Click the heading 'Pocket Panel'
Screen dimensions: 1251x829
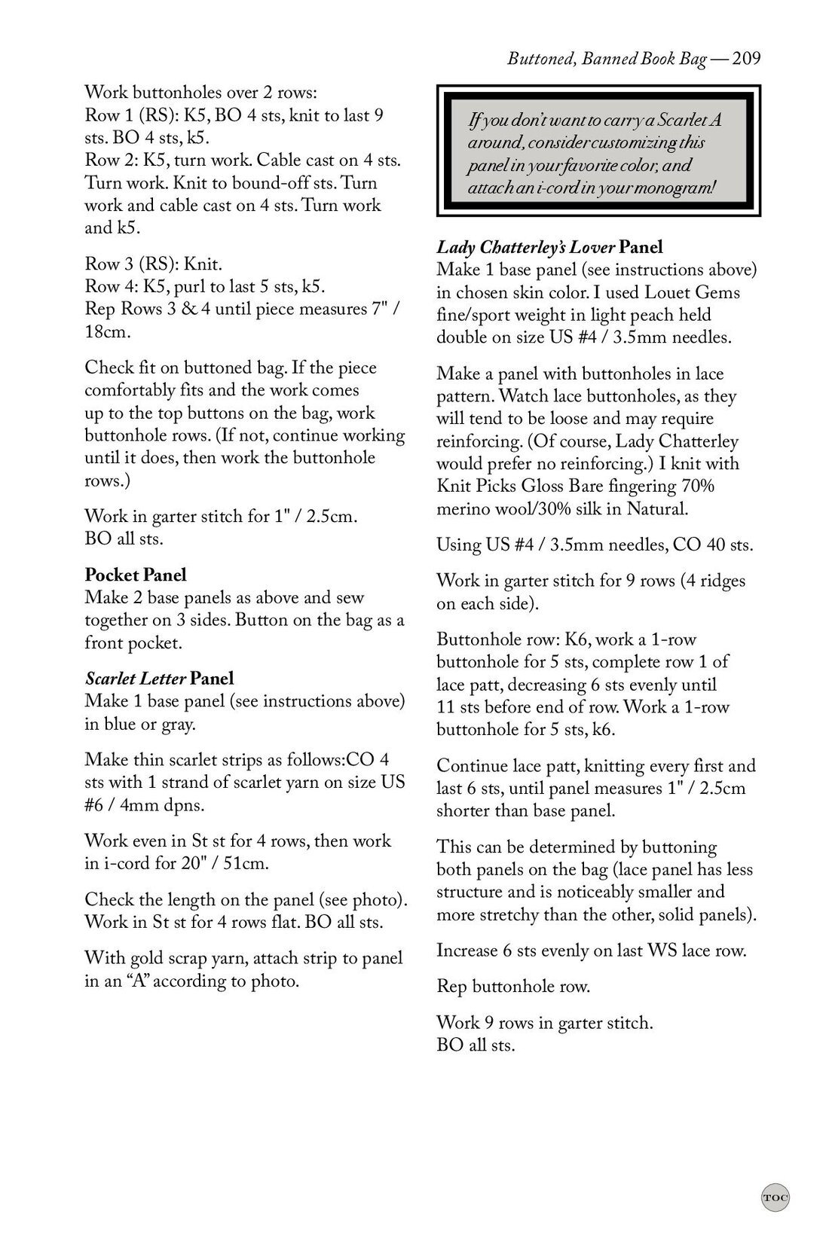click(x=136, y=575)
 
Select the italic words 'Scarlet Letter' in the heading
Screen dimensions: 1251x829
click(x=135, y=679)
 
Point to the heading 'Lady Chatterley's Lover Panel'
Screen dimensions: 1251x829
click(x=549, y=247)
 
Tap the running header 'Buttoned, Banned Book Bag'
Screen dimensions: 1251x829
click(x=607, y=59)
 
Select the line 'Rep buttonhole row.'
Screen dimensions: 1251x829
click(x=513, y=986)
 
